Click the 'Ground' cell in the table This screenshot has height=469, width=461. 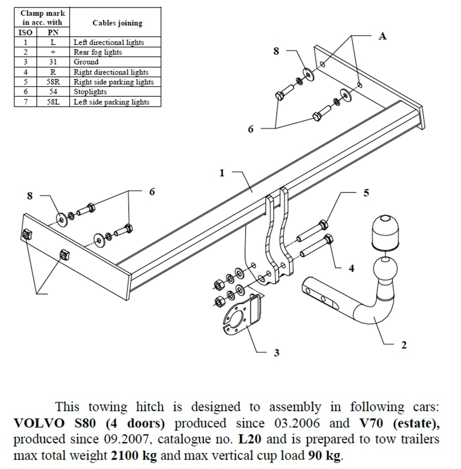tap(86, 62)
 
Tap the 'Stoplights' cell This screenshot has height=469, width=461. tap(90, 92)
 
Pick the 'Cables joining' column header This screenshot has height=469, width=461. tap(117, 23)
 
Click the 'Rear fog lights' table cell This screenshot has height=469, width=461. tap(98, 52)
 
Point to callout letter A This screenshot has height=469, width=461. tap(382, 36)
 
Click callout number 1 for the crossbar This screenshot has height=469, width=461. tap(222, 173)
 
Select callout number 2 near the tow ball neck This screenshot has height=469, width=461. tap(404, 345)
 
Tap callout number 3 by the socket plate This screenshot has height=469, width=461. tap(277, 353)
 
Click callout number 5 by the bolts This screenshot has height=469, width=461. tap(366, 193)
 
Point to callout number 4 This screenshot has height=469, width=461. tap(352, 268)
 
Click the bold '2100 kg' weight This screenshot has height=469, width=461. tap(134, 456)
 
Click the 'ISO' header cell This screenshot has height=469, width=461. tap(25, 33)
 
